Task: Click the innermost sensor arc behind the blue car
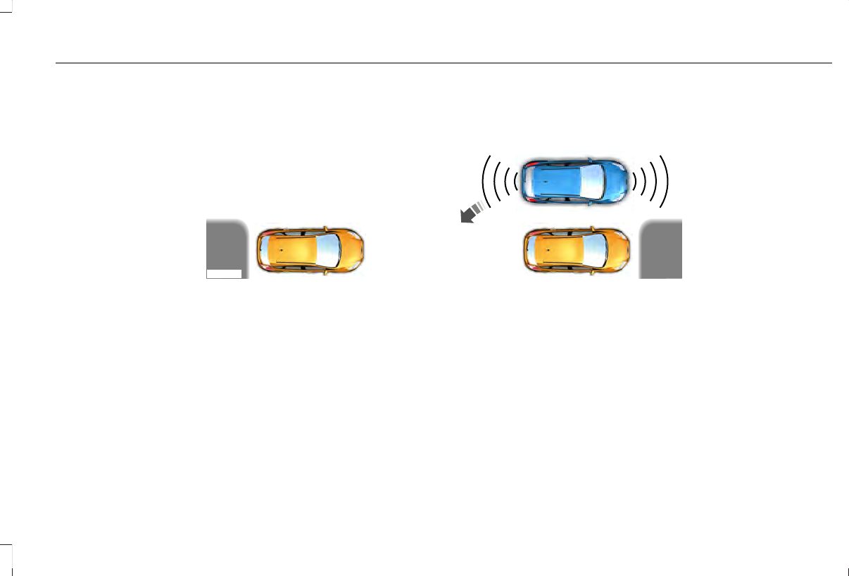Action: tap(516, 180)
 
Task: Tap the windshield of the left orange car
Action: tap(328, 251)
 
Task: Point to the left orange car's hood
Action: tap(351, 251)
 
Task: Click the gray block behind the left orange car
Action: tap(225, 243)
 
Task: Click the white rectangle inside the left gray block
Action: tap(224, 274)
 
